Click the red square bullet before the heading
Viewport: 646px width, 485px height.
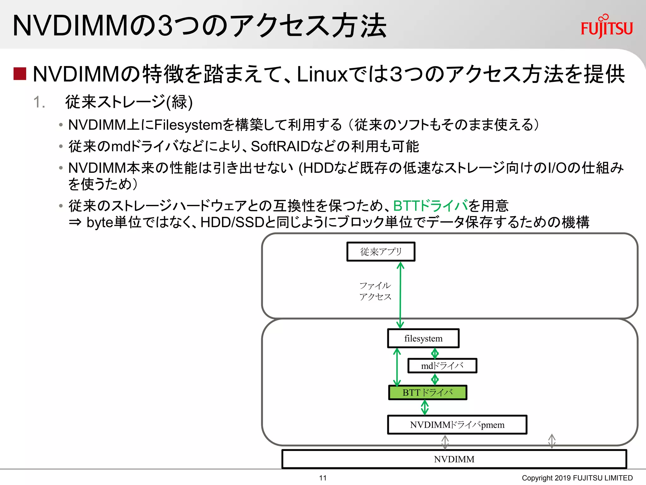[x=20, y=74]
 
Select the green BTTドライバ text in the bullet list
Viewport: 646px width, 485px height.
[x=430, y=206]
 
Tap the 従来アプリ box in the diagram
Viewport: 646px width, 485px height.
[x=381, y=252]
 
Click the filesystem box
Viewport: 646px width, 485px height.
[x=423, y=338]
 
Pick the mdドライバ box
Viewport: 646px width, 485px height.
[x=442, y=366]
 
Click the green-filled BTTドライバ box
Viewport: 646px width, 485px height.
[x=427, y=392]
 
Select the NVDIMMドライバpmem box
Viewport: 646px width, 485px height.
[x=457, y=425]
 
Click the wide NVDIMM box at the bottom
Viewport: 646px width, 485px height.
[x=454, y=459]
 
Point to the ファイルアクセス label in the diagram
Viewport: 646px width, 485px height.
[x=375, y=291]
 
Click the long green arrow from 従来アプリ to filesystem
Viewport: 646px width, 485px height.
[x=400, y=295]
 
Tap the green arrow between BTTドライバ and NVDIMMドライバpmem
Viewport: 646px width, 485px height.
[x=425, y=407]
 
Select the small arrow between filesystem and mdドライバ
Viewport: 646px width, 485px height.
[x=435, y=353]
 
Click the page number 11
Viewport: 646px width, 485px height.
[x=323, y=478]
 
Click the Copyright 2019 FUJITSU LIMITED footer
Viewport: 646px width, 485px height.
[x=577, y=478]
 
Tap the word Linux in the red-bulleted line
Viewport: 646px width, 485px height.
[x=322, y=75]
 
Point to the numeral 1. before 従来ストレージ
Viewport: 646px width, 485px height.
[x=39, y=102]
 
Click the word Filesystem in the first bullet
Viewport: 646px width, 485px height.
[x=188, y=125]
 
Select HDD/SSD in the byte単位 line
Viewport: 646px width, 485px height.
[x=232, y=222]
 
